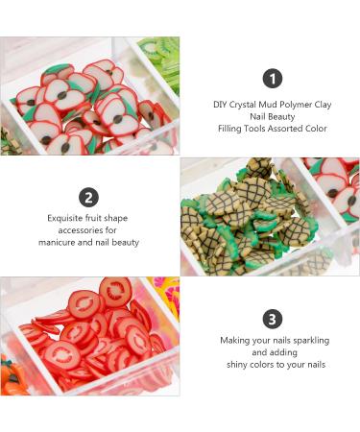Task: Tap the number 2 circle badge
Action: coord(89,198)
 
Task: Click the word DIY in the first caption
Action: coord(220,104)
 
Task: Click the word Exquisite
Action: coord(63,218)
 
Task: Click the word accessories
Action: coord(73,230)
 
